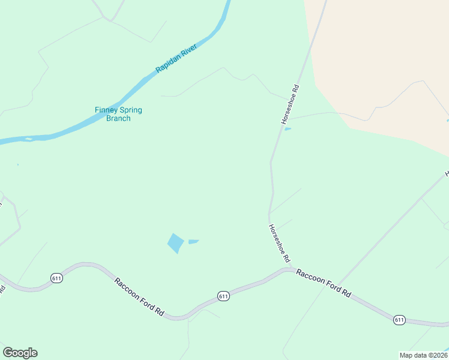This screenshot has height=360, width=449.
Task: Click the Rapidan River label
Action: pos(176,58)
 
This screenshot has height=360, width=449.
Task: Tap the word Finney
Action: pos(108,110)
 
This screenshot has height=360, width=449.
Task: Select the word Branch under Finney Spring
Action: pos(118,119)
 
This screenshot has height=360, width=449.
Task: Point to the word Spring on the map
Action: pos(132,110)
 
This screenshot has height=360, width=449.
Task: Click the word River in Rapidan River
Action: pos(187,51)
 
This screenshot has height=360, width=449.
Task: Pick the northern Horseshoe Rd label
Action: pos(290,104)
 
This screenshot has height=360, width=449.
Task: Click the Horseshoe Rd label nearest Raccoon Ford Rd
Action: pos(280,244)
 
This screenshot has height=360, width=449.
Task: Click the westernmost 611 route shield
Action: pos(56,278)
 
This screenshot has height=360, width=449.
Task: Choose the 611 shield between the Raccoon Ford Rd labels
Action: pos(223,296)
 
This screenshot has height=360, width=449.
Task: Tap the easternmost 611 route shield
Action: pos(400,320)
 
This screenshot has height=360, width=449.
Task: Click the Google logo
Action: pos(20,353)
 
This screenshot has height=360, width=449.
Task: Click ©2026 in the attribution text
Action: pos(437,355)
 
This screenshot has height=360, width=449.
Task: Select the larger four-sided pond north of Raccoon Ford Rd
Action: pos(175,243)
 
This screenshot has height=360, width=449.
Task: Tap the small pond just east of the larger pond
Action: pos(193,242)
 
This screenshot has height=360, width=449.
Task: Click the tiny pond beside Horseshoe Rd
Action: pos(288,128)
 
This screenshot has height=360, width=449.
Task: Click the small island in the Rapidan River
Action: pos(28,140)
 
